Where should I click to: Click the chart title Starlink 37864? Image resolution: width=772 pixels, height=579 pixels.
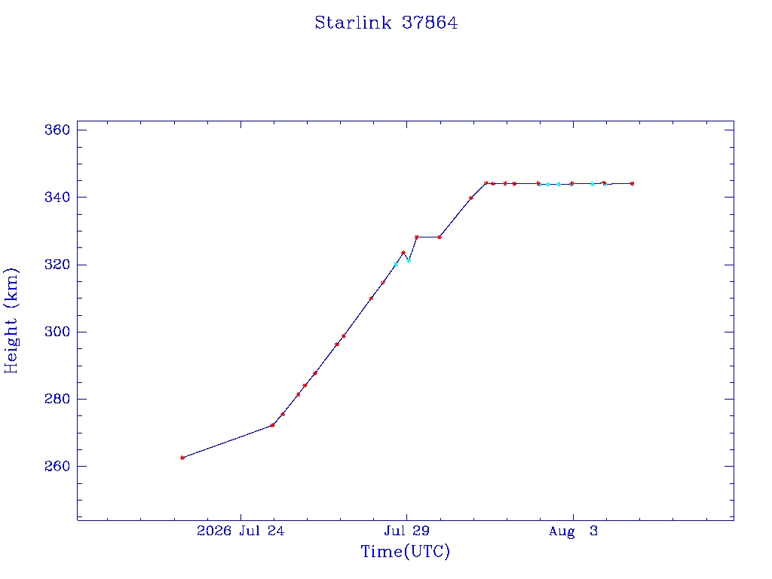point(386,23)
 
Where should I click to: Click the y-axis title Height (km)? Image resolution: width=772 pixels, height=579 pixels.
point(11,320)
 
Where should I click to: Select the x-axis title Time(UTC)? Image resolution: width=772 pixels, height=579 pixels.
point(405,551)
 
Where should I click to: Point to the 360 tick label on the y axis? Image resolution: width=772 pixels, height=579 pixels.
point(57,130)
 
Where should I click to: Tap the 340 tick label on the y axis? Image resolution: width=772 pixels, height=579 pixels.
point(57,198)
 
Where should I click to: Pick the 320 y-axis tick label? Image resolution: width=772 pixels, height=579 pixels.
point(57,265)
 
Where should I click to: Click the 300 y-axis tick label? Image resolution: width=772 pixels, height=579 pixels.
point(57,332)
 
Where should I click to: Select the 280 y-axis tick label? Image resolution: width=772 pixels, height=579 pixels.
point(57,399)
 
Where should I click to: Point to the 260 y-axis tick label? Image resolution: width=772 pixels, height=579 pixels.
point(57,466)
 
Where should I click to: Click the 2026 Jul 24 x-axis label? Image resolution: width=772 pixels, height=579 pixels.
point(240,531)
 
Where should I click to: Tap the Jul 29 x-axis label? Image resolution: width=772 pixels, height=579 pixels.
point(406,531)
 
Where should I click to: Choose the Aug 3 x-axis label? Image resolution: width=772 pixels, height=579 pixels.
point(573,531)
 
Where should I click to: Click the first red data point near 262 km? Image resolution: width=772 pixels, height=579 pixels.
point(182,458)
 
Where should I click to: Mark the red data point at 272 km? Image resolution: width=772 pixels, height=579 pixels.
point(272,425)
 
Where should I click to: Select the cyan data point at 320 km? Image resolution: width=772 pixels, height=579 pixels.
point(395,265)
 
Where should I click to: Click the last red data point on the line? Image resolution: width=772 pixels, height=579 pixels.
point(633,184)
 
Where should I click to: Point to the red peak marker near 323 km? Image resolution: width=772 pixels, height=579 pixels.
point(403,253)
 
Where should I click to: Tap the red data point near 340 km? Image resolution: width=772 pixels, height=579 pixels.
point(471,198)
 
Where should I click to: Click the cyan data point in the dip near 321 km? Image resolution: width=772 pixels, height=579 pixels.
point(409,261)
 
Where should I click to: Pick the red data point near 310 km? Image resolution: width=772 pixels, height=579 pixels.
point(371,299)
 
